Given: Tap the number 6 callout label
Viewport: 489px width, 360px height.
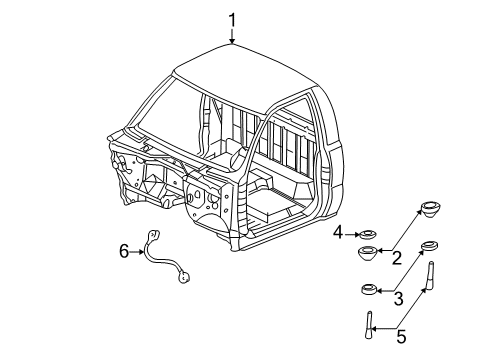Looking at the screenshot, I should [x=125, y=251].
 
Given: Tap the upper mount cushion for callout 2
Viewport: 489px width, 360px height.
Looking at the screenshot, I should [x=431, y=210].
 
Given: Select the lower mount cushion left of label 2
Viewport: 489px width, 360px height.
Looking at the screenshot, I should [x=367, y=252].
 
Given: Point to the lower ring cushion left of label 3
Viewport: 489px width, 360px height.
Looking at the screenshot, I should [x=369, y=290].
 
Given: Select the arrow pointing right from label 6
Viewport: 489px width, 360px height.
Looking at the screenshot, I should [x=140, y=251].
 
